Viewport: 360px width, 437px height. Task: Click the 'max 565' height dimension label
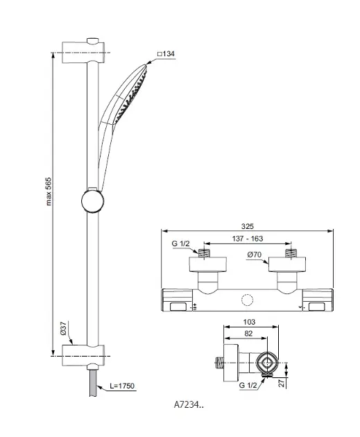(x=49, y=191)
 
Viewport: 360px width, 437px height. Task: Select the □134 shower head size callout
(x=166, y=54)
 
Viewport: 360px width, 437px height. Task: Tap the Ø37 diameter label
(x=63, y=328)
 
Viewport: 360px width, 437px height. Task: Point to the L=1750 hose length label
(x=122, y=386)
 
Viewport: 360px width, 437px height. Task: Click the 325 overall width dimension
(x=248, y=226)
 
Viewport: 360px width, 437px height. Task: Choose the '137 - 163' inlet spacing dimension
(x=248, y=239)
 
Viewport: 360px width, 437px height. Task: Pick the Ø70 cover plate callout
(x=255, y=255)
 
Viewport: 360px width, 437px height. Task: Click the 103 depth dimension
(x=249, y=322)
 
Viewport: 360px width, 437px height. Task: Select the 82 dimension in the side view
(x=248, y=334)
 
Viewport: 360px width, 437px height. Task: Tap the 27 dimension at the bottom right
(x=282, y=383)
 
